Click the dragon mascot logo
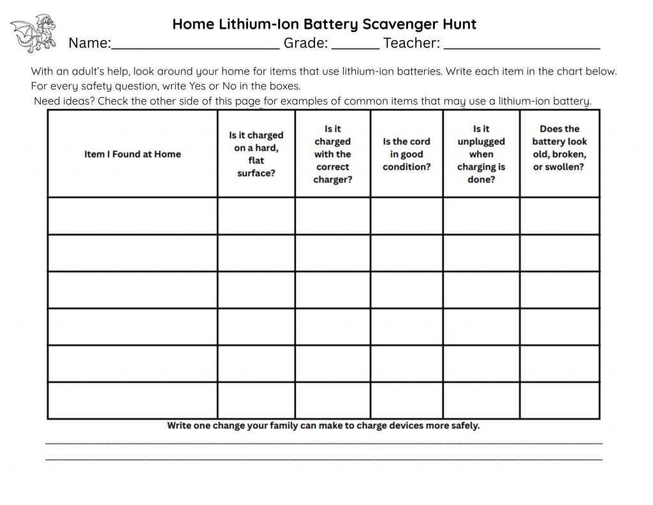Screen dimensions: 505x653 (33, 33)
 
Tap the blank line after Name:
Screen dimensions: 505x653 (195, 45)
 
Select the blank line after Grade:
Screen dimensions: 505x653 (356, 45)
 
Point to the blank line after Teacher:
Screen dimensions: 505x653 (522, 45)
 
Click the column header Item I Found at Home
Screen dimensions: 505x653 (133, 154)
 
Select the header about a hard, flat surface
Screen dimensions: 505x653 (256, 154)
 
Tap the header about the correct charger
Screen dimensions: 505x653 (332, 154)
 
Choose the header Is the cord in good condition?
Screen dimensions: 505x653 (406, 154)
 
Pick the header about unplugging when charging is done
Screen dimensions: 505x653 (481, 154)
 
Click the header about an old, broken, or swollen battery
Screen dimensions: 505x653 (559, 147)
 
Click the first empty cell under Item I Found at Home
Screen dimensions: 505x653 (133, 216)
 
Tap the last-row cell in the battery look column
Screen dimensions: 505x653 (559, 400)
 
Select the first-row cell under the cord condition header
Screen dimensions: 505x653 (406, 216)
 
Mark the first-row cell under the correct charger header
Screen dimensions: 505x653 (332, 216)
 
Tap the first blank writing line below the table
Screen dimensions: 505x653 (324, 442)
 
